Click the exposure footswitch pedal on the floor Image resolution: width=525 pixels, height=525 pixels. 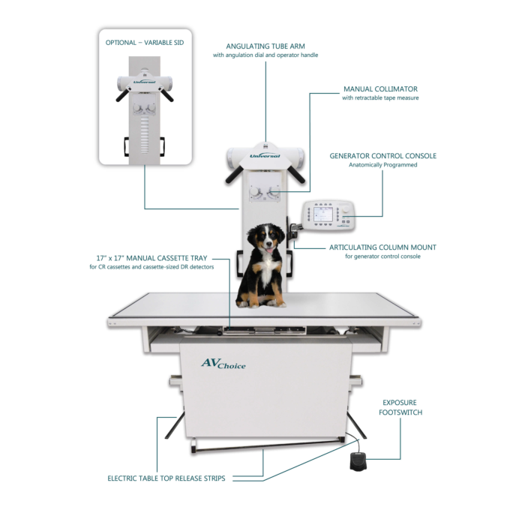pyautogui.click(x=358, y=461)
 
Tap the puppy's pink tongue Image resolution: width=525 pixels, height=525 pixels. pyautogui.click(x=269, y=250)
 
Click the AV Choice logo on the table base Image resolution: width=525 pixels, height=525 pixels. pyautogui.click(x=223, y=364)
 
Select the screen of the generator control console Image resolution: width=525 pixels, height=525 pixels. pyautogui.click(x=322, y=214)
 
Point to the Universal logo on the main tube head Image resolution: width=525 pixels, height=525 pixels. pyautogui.click(x=265, y=156)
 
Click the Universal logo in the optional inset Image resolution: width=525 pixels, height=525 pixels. pyautogui.click(x=144, y=82)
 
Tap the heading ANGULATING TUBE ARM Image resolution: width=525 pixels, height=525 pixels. pyautogui.click(x=265, y=46)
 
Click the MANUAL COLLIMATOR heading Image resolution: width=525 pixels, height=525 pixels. pyautogui.click(x=381, y=89)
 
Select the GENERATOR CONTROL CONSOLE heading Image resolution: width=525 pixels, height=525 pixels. pyautogui.click(x=383, y=156)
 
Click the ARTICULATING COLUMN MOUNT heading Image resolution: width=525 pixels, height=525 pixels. pyautogui.click(x=382, y=247)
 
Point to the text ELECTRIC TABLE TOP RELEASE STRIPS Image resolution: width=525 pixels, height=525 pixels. pyautogui.click(x=166, y=478)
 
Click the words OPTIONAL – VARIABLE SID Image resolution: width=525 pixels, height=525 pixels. pyautogui.click(x=145, y=43)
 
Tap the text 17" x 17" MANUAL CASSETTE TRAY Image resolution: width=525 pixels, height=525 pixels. pyautogui.click(x=151, y=258)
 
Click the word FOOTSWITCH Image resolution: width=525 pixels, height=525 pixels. pyautogui.click(x=400, y=412)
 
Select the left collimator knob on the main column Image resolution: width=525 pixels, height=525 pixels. pyautogui.click(x=254, y=192)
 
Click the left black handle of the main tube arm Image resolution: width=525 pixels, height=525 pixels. pyautogui.click(x=234, y=175)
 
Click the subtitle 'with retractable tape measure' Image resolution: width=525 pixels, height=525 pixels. pyautogui.click(x=380, y=97)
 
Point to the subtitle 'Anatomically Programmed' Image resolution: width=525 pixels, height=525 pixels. pyautogui.click(x=383, y=165)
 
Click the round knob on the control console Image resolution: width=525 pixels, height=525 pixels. pyautogui.click(x=345, y=209)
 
